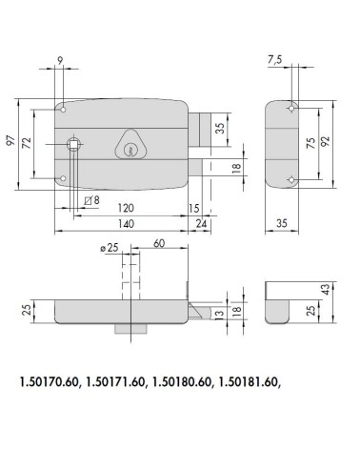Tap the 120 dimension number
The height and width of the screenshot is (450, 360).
pos(127,208)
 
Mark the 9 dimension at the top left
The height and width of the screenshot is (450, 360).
pos(59,65)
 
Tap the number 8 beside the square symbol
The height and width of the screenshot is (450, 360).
pos(97,199)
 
